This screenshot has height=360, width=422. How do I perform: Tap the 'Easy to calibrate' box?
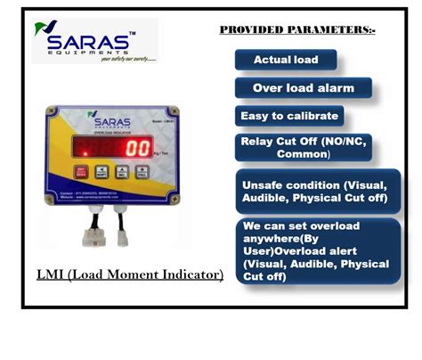(290, 116)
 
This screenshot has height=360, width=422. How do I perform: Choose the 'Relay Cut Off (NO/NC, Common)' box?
(304, 148)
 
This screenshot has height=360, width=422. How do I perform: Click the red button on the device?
(82, 172)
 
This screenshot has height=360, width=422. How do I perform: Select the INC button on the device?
(103, 172)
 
